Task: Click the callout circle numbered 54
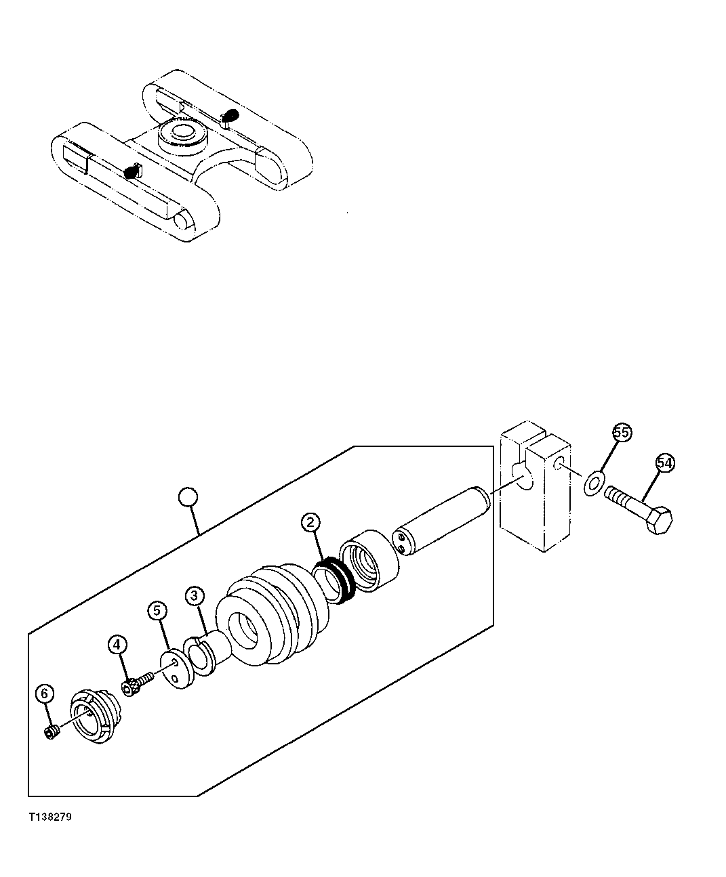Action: pyautogui.click(x=665, y=463)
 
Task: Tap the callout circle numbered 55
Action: pyautogui.click(x=622, y=432)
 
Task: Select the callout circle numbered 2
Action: pyautogui.click(x=310, y=522)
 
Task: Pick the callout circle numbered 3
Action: pyautogui.click(x=194, y=595)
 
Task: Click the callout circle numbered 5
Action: pyautogui.click(x=157, y=611)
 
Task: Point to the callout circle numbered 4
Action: pyautogui.click(x=116, y=643)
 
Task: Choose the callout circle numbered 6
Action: pyautogui.click(x=44, y=693)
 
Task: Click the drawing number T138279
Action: pyautogui.click(x=49, y=817)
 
